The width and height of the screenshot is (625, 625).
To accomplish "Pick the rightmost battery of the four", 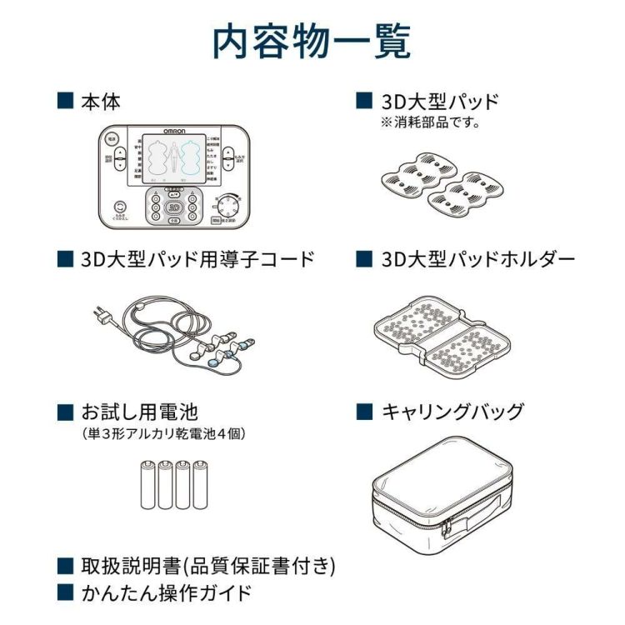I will coord(199,486).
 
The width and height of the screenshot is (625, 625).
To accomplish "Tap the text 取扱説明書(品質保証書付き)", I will coord(207,566).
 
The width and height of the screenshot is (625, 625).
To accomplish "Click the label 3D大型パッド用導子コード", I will coord(198,259).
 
